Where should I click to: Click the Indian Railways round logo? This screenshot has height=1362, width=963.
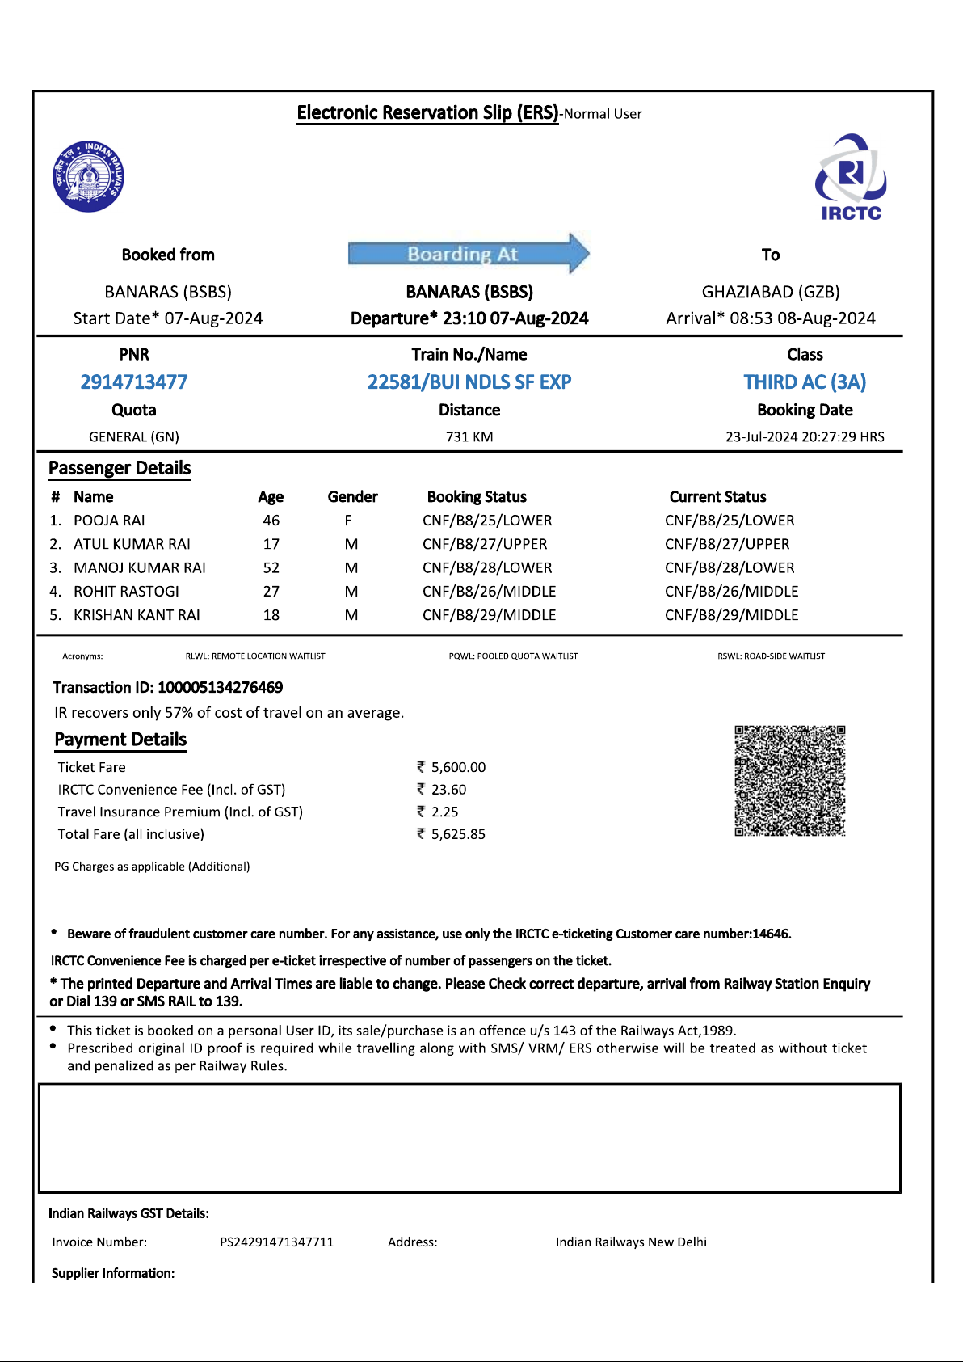[89, 176]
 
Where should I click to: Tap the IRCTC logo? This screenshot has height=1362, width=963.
[851, 178]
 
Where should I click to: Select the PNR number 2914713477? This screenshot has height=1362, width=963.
[134, 382]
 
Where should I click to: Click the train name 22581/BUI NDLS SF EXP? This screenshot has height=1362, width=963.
[469, 382]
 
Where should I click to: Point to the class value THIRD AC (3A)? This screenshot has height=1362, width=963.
[805, 382]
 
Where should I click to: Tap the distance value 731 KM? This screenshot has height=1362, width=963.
[469, 436]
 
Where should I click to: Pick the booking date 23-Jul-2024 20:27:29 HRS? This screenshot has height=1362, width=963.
[805, 436]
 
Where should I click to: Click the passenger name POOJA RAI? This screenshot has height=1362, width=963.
[109, 521]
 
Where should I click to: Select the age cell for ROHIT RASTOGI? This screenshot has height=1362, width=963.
[271, 592]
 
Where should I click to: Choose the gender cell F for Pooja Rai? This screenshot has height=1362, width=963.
[348, 521]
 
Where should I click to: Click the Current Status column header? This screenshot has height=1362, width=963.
[717, 497]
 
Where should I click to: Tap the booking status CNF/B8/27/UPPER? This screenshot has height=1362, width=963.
[485, 544]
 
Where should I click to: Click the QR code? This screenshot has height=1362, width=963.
[789, 781]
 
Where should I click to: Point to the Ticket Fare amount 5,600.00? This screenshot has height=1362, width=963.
[458, 767]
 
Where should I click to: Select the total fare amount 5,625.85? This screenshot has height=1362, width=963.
[458, 834]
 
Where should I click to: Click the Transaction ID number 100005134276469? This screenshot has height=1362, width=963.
[220, 688]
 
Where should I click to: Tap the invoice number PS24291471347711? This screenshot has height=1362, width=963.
[276, 1242]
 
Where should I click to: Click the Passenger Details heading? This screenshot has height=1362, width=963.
[120, 469]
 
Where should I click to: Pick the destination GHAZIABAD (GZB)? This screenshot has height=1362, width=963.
[771, 292]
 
